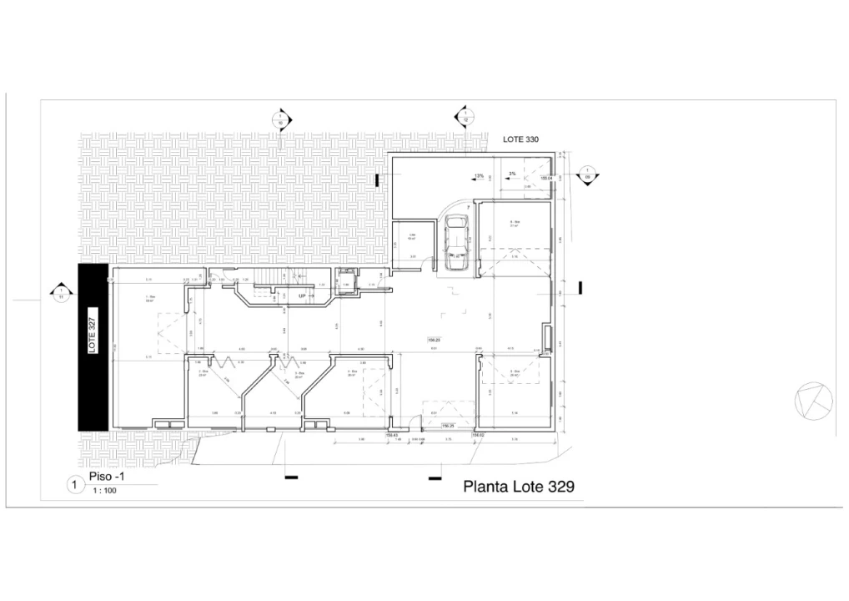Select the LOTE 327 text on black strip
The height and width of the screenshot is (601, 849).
tap(93, 331)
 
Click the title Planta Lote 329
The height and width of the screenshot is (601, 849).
tap(518, 486)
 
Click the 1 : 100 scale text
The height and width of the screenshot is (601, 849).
tap(104, 490)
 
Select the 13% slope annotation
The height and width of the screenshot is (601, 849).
tap(479, 176)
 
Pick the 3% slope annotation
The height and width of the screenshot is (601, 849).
tap(513, 174)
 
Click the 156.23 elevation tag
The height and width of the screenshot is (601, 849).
tap(433, 340)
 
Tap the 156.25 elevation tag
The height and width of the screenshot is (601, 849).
tap(448, 427)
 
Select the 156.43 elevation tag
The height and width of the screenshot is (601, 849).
tap(390, 434)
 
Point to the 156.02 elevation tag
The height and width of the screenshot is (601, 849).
tap(479, 434)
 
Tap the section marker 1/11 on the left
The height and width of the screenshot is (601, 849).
tap(60, 293)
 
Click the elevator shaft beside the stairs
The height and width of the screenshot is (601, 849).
tap(344, 283)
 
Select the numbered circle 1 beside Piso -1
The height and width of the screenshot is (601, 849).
tap(75, 483)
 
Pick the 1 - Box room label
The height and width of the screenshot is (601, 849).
tap(151, 298)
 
